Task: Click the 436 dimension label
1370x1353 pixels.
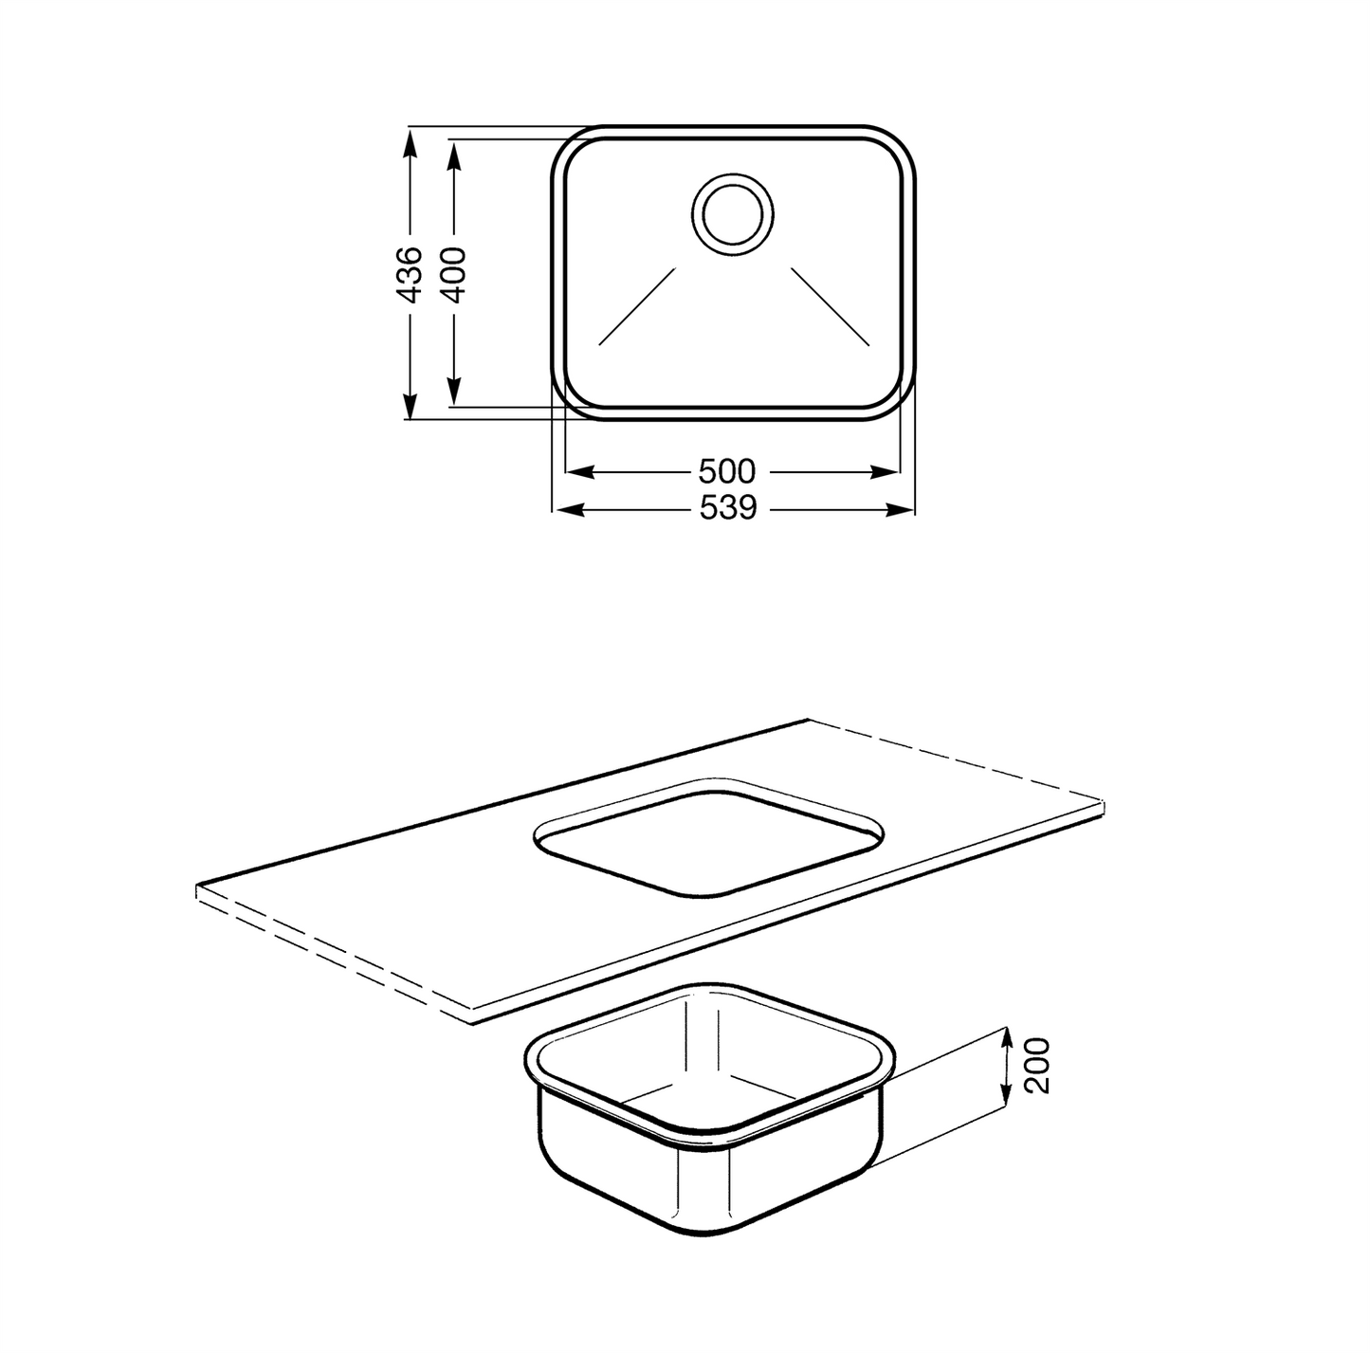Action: coord(410,275)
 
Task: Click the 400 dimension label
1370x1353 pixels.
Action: coord(453,275)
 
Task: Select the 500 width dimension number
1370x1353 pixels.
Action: coord(727,471)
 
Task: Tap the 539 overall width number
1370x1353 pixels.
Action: coord(729,508)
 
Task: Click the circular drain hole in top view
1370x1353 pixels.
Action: coord(732,214)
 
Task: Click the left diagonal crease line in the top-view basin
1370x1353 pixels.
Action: coord(637,306)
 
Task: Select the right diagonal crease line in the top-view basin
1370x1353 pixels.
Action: coord(831,306)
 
